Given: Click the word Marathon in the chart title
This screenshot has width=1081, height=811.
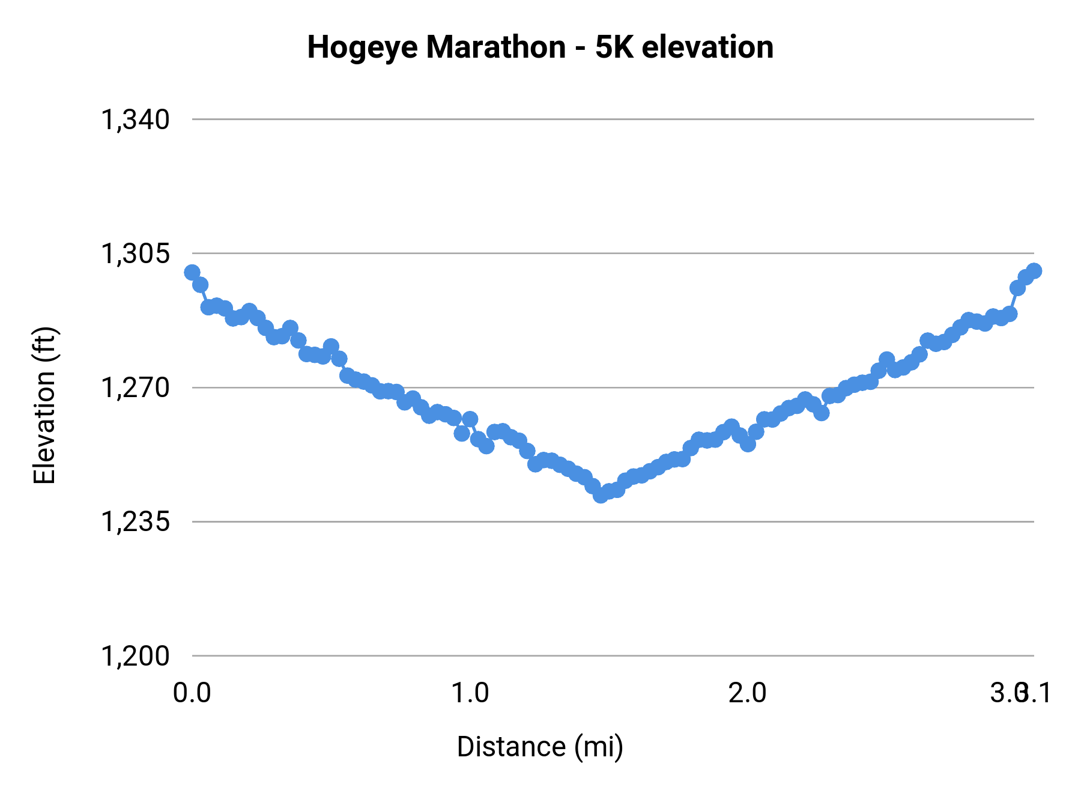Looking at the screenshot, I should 496,47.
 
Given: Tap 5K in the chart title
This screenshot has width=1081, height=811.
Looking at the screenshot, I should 614,47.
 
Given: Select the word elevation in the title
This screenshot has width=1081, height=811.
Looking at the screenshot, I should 707,47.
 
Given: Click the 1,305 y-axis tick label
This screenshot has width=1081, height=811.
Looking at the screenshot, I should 135,254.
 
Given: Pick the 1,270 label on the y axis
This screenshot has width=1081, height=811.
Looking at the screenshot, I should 135,388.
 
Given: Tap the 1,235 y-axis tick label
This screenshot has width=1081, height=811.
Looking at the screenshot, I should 135,522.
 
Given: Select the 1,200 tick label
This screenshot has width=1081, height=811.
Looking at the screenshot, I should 135,656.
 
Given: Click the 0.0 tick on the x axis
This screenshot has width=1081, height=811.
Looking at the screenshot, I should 192,693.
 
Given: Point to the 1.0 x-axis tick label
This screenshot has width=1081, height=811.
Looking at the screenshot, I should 470,693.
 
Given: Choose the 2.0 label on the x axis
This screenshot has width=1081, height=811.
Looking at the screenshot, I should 748,693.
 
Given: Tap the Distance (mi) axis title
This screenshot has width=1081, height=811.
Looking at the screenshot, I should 540,747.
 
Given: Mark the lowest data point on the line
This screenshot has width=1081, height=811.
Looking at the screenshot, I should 601,495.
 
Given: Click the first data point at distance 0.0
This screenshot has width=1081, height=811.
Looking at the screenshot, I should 192,273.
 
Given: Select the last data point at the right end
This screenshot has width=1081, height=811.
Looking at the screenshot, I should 1034,271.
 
